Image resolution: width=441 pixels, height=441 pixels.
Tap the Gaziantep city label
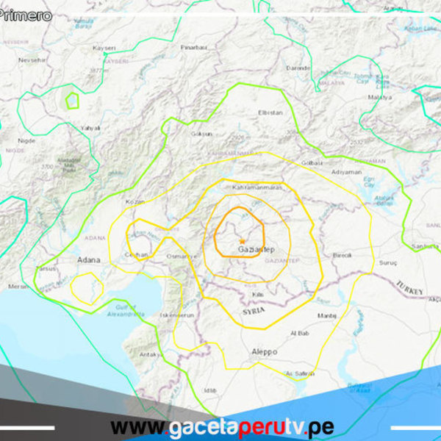[257, 250]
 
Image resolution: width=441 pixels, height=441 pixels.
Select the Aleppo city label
[264, 352]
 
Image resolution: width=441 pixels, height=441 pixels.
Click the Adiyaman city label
[347, 172]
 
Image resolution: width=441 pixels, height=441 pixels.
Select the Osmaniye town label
[183, 256]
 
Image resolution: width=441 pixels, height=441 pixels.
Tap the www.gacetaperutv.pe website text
[222, 427]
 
